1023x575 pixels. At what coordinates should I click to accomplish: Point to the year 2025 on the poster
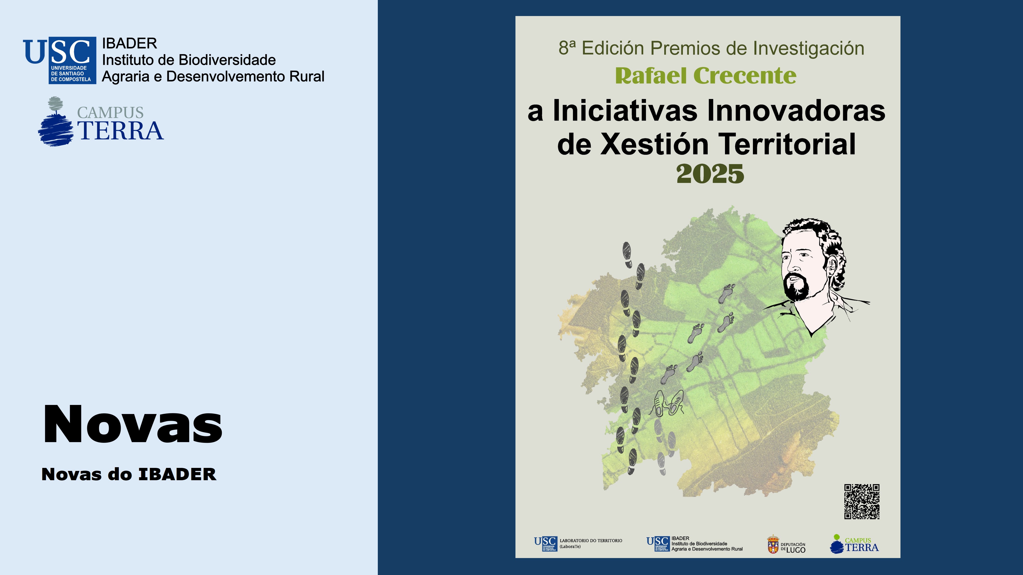coord(710,174)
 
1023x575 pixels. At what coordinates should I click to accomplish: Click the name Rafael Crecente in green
coord(706,76)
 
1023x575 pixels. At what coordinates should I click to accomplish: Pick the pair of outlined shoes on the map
coord(668,403)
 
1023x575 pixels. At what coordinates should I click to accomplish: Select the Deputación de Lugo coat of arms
coord(773,544)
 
